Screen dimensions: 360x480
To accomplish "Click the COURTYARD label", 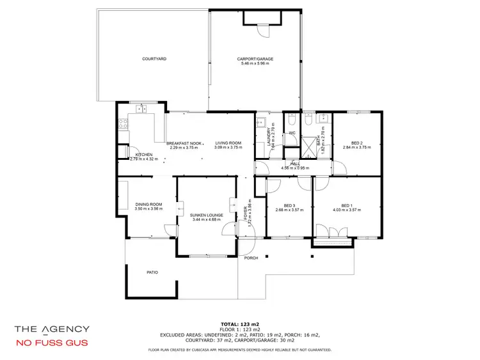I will coord(154,59).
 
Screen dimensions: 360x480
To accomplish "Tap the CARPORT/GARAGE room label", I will coord(257,59).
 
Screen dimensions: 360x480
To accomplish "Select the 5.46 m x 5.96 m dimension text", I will coord(257,64).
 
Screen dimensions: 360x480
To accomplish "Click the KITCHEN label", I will coord(144,154).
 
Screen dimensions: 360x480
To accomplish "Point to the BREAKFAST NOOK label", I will coord(185,143).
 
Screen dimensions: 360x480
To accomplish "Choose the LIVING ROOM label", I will coord(227,143).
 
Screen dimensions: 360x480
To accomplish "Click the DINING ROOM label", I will coord(148,204).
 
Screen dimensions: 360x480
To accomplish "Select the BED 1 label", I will coord(346,205).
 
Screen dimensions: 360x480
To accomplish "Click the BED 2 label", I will coord(356,143).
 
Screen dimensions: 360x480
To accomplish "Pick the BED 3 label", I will coord(289,205).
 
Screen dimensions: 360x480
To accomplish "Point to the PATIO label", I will coord(152,272).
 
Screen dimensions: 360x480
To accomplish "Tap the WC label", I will coord(291,133).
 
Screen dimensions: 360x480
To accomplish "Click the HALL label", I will coord(294,163).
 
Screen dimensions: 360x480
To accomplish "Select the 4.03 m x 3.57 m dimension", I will coord(346,210).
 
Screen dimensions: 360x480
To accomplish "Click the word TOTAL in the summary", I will coord(230,325).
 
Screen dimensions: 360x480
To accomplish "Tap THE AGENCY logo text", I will coord(52,329).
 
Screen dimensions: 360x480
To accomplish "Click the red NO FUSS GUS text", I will coord(52,342).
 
